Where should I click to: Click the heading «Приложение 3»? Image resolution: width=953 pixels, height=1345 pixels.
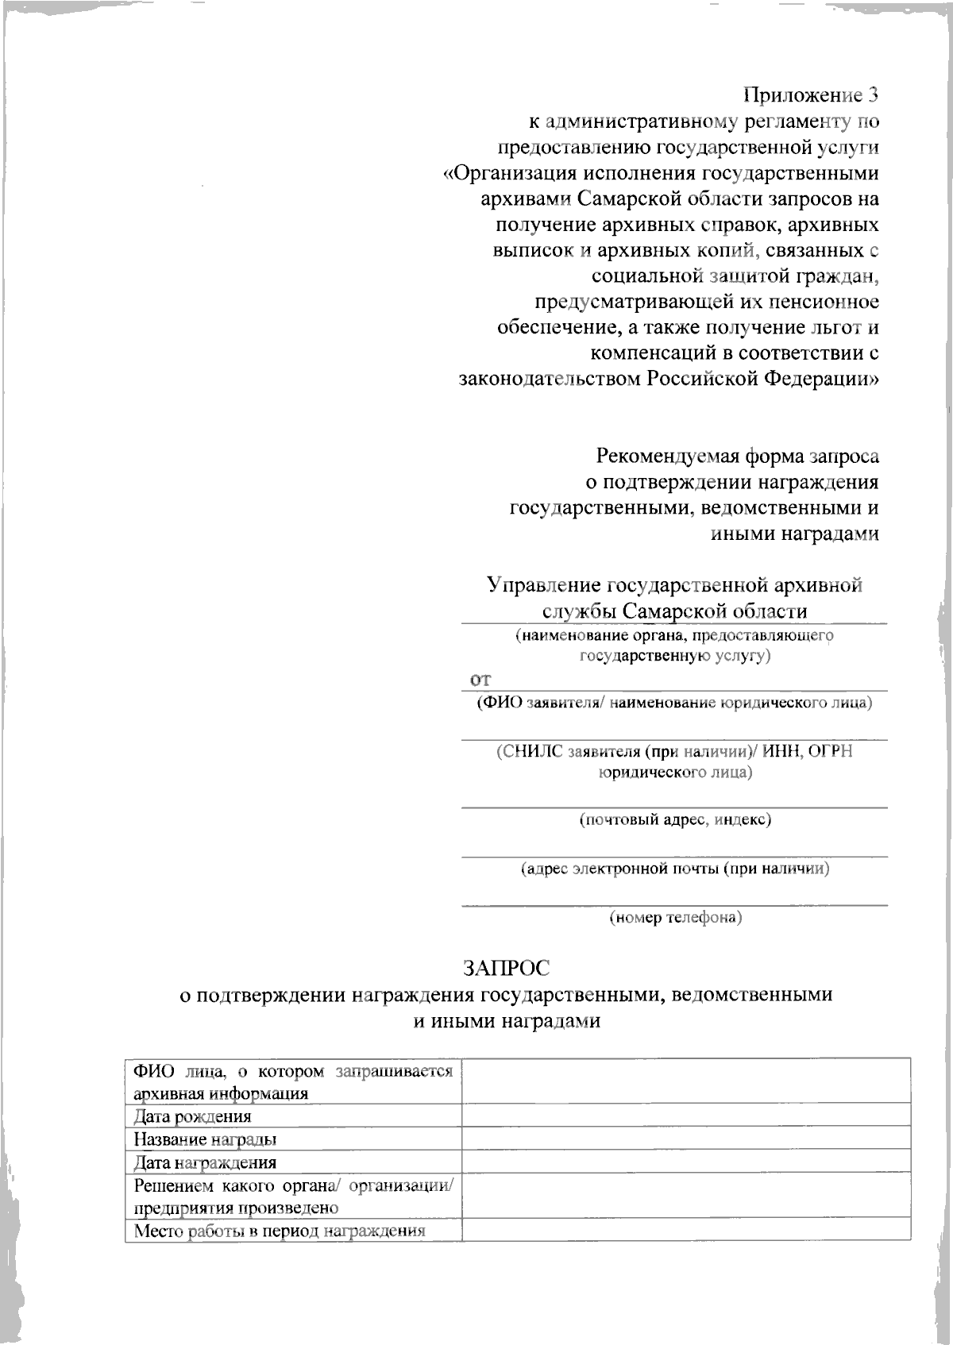pos(811,95)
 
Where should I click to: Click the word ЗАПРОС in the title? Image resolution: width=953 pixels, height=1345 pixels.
pos(507,968)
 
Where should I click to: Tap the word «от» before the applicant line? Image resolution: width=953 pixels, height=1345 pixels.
pos(480,680)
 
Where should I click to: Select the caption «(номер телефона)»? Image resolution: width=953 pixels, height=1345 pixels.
pos(675,917)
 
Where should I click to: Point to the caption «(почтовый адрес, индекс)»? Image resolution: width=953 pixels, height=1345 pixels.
pos(675,819)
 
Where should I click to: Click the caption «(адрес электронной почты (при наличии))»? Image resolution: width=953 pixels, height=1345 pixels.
pos(675,868)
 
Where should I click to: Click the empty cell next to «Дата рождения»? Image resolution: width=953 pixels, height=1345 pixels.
pos(686,1115)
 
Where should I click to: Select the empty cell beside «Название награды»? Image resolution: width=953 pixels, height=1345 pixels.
pos(686,1138)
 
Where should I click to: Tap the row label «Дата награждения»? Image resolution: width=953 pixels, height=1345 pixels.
pos(205,1162)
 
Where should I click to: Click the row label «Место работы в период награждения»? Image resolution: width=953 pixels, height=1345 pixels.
pos(280,1231)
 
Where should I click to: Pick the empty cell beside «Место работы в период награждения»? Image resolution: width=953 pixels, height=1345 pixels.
pos(686,1229)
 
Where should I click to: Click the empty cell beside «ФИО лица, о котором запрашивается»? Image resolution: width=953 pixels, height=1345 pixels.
pos(686,1081)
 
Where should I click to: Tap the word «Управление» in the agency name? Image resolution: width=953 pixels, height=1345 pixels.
pos(544,585)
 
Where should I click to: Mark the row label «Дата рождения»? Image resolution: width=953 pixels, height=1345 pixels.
pos(192,1116)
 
